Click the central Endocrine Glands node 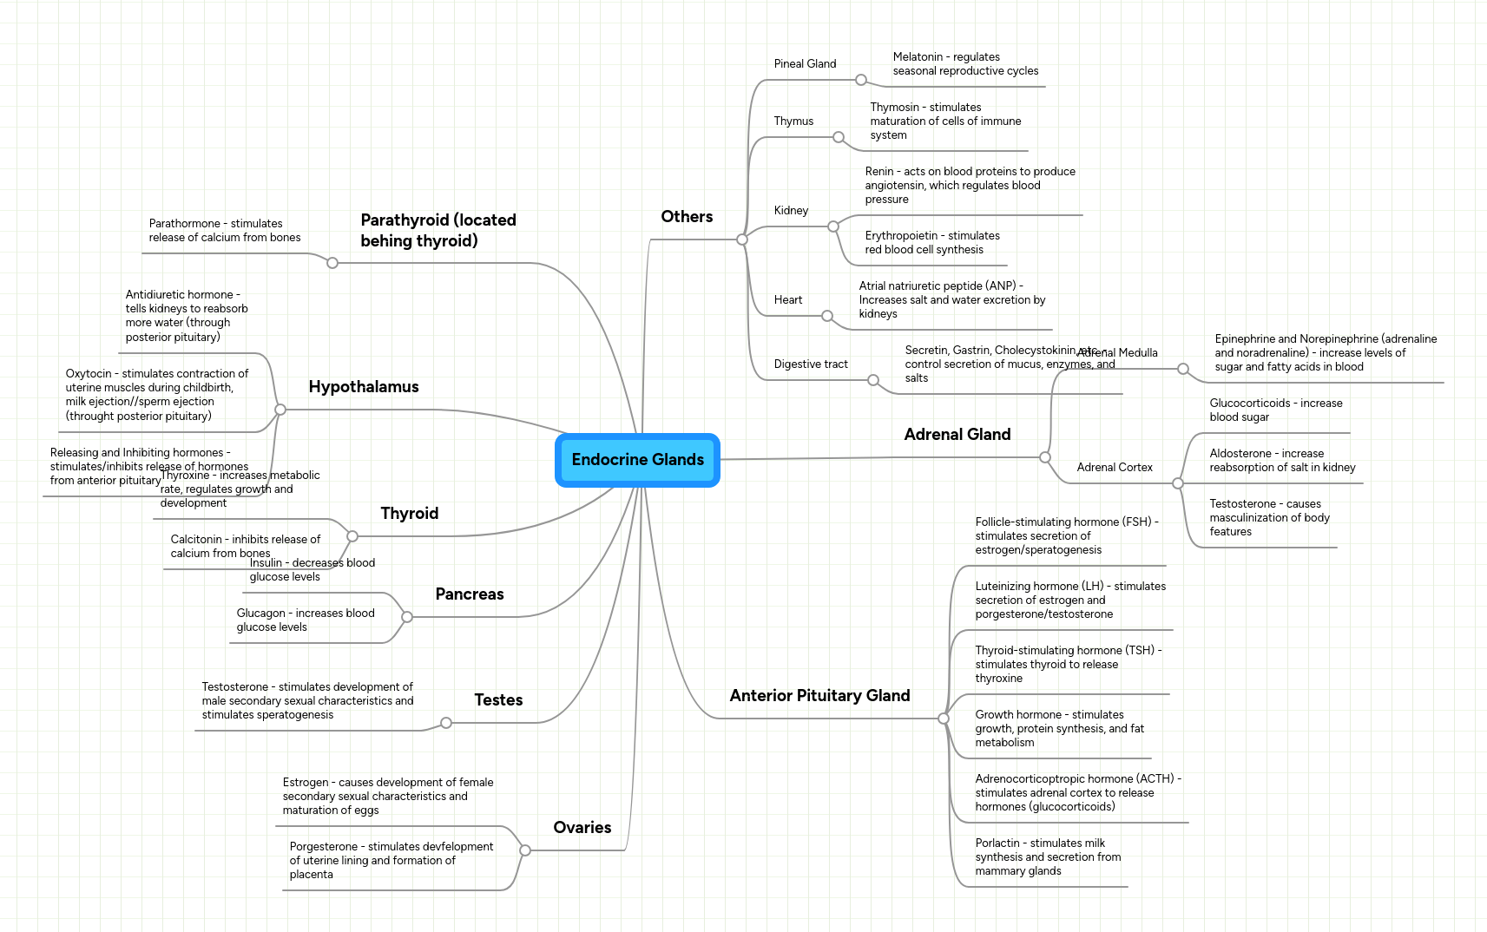click(x=637, y=460)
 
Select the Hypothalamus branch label click(x=364, y=387)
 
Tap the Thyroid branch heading click(x=410, y=514)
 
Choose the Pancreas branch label click(x=470, y=594)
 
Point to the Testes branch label click(x=498, y=700)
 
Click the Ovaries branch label click(x=582, y=828)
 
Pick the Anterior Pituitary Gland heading click(x=819, y=696)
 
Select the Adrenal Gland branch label click(x=957, y=435)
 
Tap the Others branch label click(x=687, y=217)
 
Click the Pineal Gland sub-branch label click(x=805, y=64)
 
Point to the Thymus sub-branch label click(x=793, y=121)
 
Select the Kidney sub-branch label click(x=791, y=211)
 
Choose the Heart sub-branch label click(x=788, y=300)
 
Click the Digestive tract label click(x=811, y=364)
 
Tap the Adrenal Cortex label click(x=1115, y=468)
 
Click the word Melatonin click(x=918, y=57)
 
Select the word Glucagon click(x=260, y=614)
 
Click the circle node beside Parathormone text click(x=332, y=262)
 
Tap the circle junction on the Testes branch click(x=446, y=723)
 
